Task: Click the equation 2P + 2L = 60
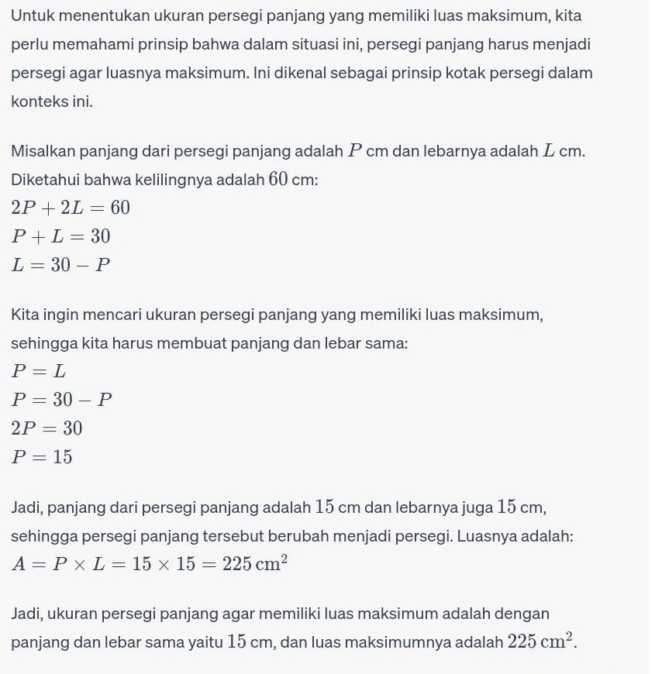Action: coord(71,208)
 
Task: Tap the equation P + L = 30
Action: coord(60,236)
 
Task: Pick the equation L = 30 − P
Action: coord(60,265)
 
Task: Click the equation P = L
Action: coord(39,371)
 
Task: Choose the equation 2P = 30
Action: coord(47,428)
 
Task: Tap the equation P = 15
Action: coord(42,457)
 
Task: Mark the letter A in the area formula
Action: coord(19,564)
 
